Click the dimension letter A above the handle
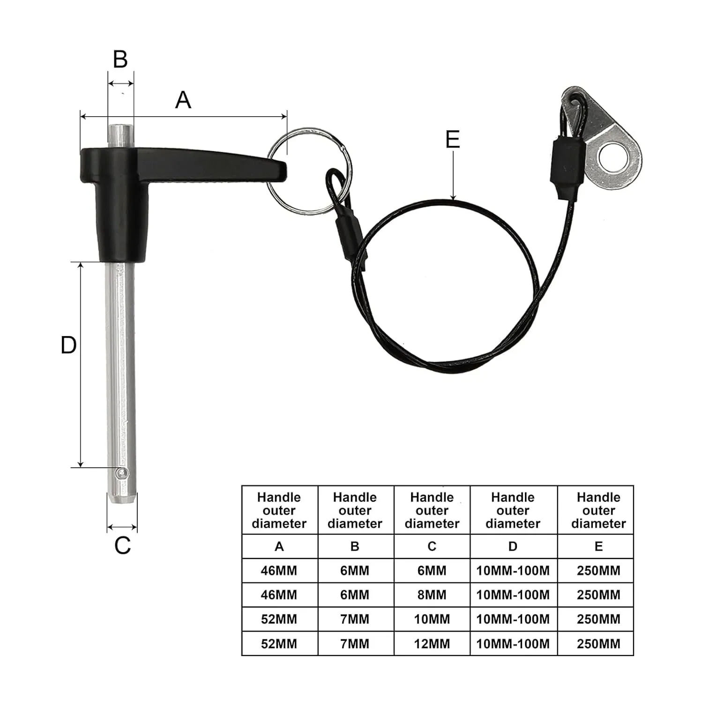183,100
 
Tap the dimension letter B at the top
120,60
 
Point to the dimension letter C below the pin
122,546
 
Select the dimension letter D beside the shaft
68,345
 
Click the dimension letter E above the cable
453,140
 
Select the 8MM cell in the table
432,595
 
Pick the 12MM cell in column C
432,643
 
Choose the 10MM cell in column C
432,619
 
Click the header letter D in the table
513,546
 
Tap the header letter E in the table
598,546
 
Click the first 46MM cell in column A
279,570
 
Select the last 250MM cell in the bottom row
598,643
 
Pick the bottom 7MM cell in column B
355,643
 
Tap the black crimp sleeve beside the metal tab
567,162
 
